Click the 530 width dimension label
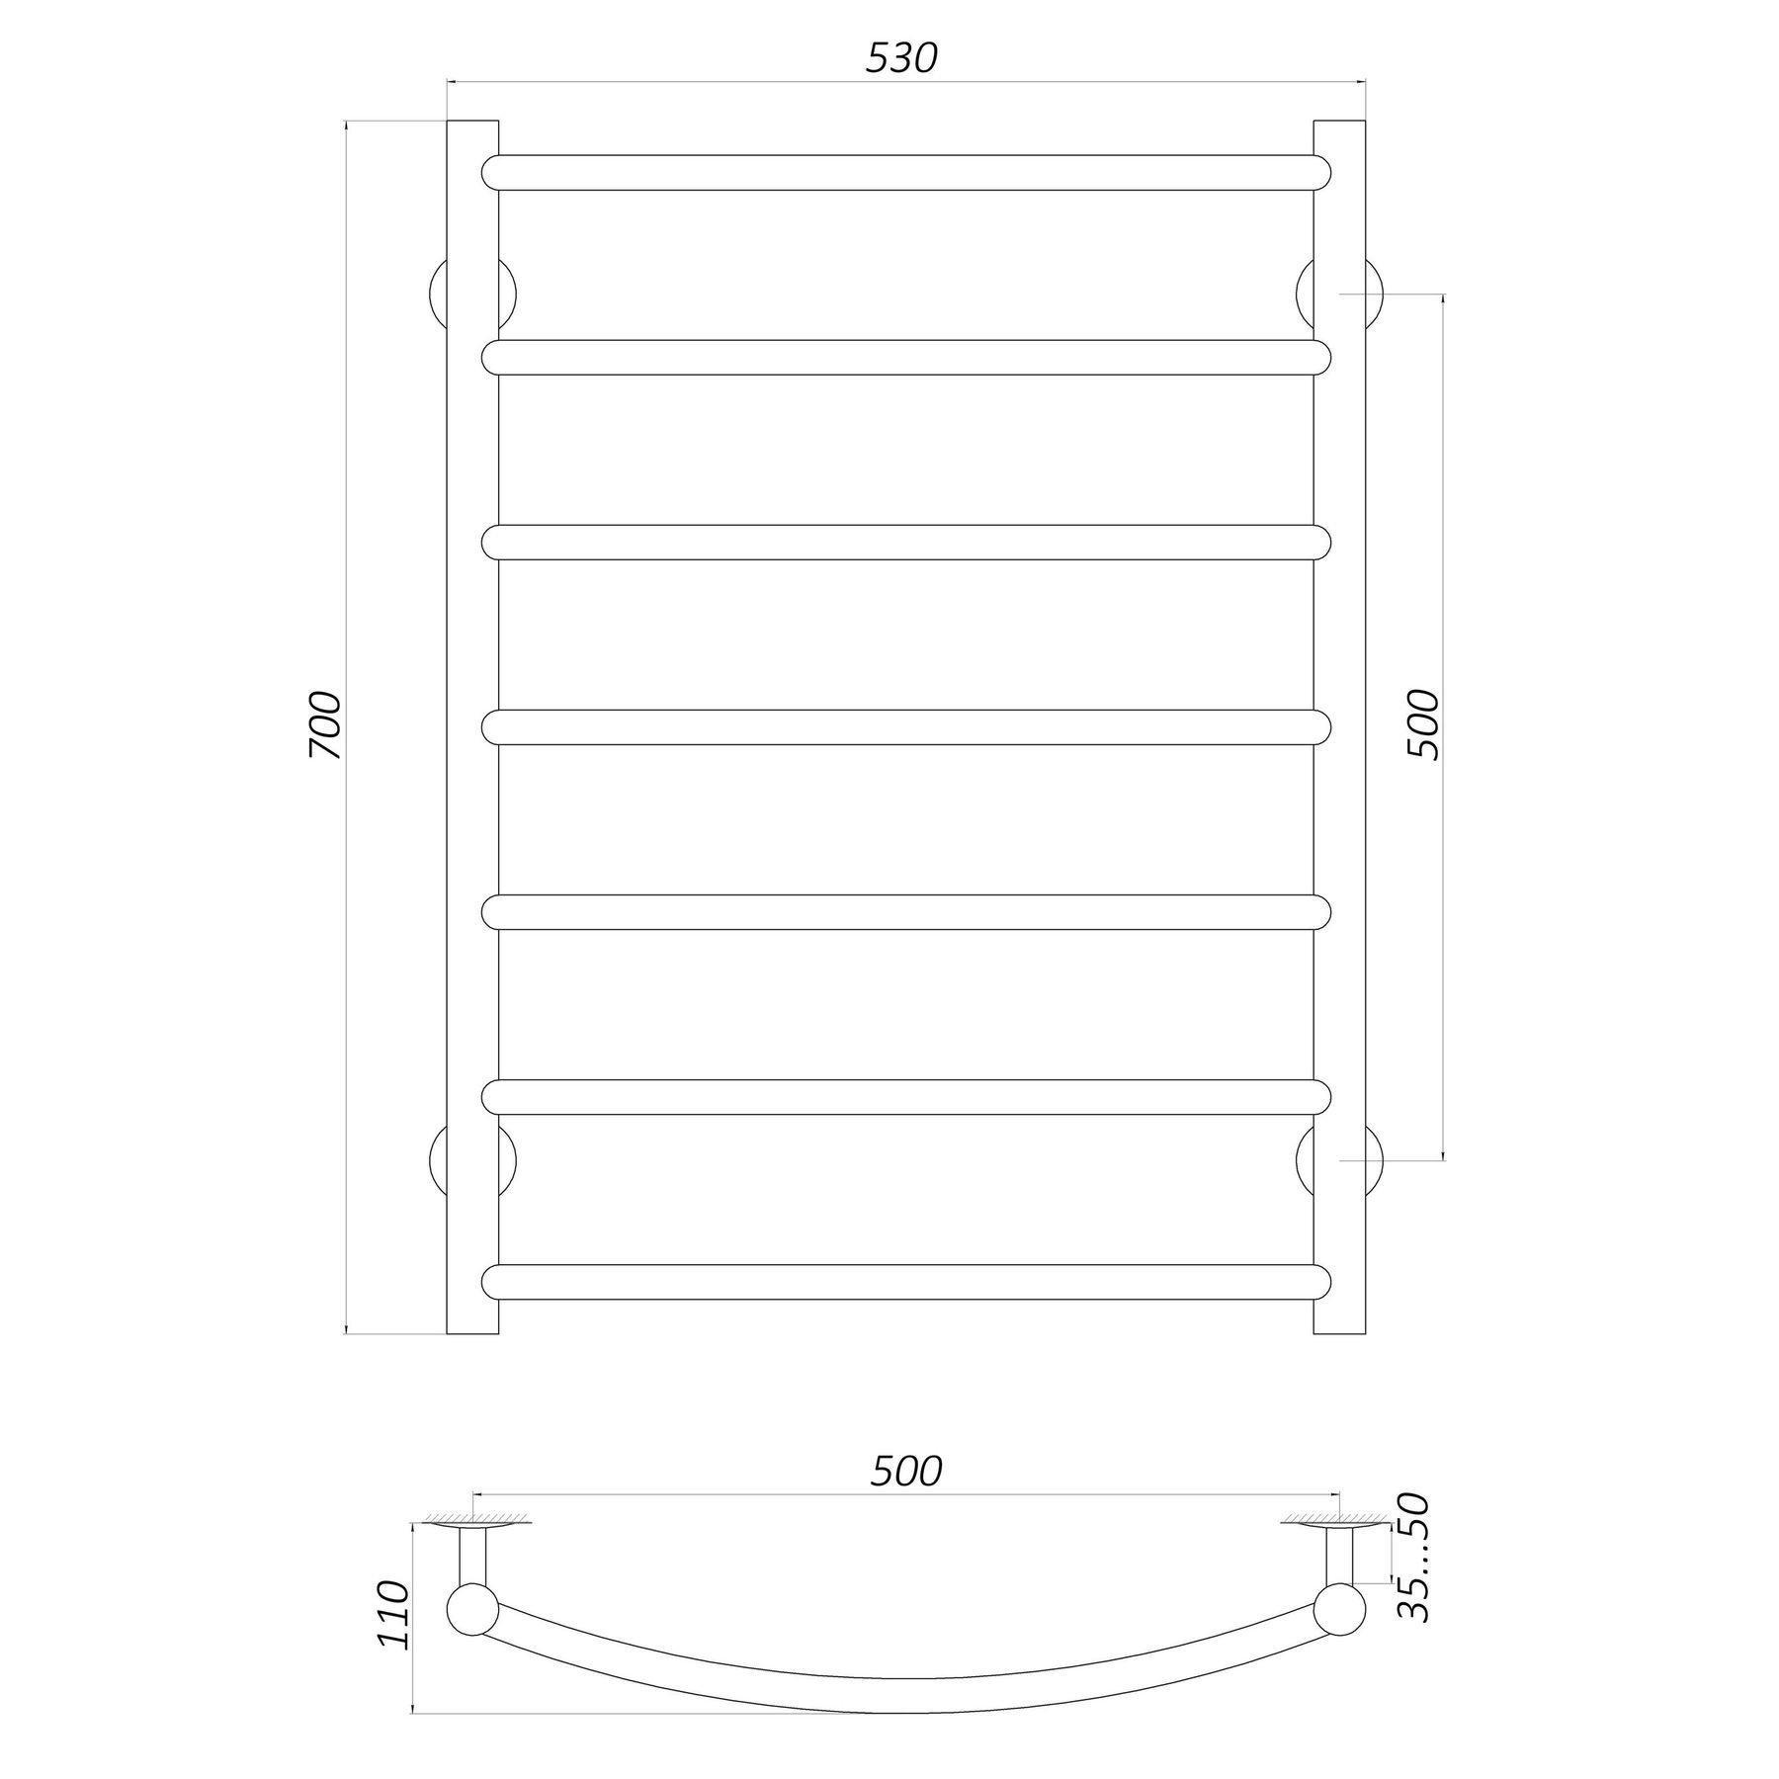900,59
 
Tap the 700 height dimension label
325,726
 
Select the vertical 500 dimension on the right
1422,724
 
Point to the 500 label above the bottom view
906,1473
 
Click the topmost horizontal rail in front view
906,173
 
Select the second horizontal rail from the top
906,358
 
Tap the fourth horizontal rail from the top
906,727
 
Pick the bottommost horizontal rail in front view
906,1282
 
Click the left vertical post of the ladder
472,726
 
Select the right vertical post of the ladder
1339,726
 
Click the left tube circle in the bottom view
473,1612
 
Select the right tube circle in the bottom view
1340,1612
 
